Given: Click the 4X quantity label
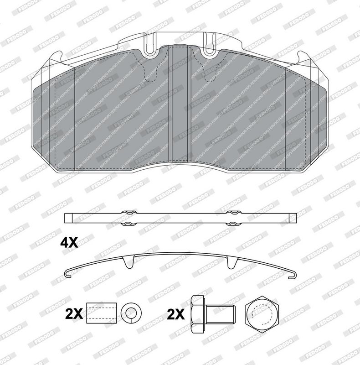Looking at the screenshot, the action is (x=69, y=243).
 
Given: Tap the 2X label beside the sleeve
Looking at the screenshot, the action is (x=74, y=314).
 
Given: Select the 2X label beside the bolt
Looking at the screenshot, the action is (x=176, y=314).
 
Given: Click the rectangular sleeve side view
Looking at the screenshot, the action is (x=102, y=313).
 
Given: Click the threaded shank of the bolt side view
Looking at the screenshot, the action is (x=221, y=314).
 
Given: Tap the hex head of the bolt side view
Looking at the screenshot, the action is (x=198, y=314).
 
